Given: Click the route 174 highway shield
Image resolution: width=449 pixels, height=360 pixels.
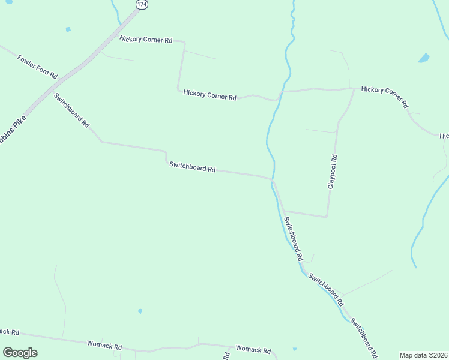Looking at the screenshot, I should click(x=141, y=4).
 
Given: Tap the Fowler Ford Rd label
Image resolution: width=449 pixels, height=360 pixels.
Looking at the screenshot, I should click(x=37, y=67).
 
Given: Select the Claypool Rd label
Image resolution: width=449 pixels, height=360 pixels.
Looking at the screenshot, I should click(x=333, y=172).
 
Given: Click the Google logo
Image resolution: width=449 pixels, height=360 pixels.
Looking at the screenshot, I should click(x=20, y=353).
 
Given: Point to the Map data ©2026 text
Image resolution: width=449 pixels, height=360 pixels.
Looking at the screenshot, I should click(x=423, y=355).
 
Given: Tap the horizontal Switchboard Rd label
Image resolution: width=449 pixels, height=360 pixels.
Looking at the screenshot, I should click(x=192, y=167).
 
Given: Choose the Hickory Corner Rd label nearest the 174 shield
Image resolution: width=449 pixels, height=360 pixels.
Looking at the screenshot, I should click(x=146, y=40).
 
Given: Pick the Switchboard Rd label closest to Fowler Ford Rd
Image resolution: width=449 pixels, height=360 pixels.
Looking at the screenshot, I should click(x=71, y=110).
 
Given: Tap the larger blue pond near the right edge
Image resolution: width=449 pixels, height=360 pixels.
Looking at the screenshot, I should click(x=424, y=58).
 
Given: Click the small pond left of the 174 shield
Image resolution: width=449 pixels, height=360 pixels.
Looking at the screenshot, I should click(x=68, y=29).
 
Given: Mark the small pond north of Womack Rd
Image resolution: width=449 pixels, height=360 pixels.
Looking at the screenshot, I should click(x=140, y=311).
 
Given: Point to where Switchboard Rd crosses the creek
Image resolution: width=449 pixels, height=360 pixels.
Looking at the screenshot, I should click(x=274, y=180).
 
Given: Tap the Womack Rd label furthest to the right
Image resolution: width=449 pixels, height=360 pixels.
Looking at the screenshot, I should click(x=253, y=350).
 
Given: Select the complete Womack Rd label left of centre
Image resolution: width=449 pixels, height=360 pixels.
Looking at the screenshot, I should click(x=104, y=346).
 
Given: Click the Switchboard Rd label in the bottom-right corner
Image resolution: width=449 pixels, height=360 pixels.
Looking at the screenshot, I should click(x=364, y=338).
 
